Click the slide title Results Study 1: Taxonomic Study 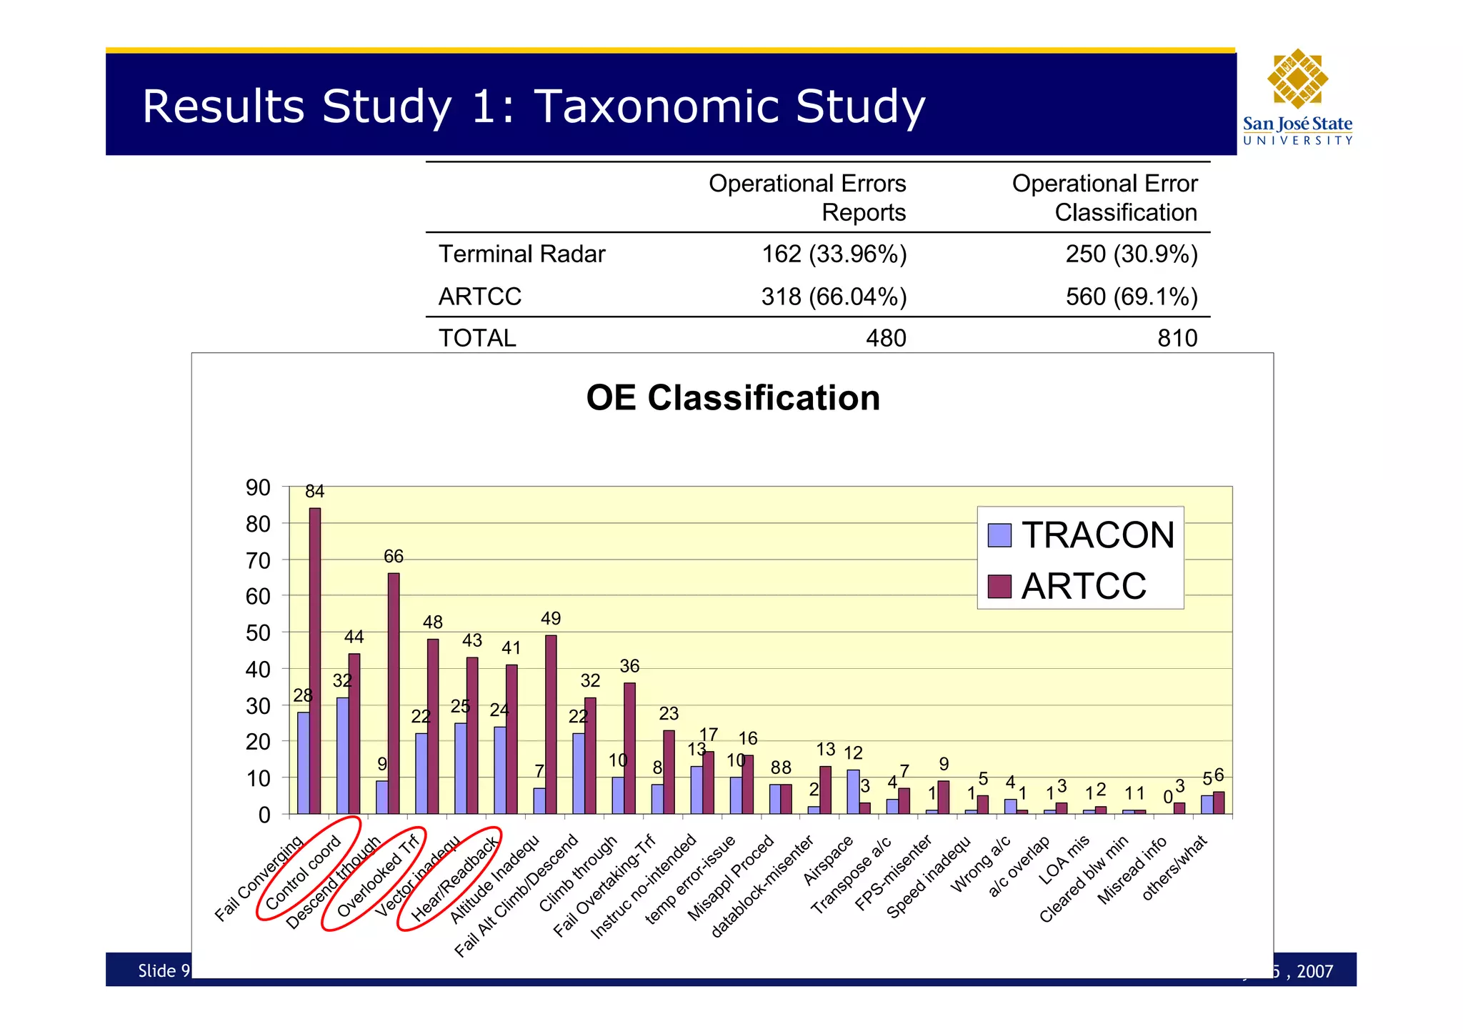(x=534, y=107)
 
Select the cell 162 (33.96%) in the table (x=834, y=254)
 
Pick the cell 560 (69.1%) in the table (x=1131, y=297)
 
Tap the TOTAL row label (x=477, y=338)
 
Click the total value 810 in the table (x=1177, y=338)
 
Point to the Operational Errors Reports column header (x=807, y=198)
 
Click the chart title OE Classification (x=733, y=398)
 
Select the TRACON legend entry (x=1081, y=535)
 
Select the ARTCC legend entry (x=1068, y=586)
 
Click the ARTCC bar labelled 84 (x=315, y=660)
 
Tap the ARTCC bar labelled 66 (x=394, y=693)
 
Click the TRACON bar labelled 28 (x=304, y=762)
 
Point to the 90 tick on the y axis (x=258, y=488)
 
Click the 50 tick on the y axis (x=258, y=633)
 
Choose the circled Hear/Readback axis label (x=456, y=878)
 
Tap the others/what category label (x=1175, y=867)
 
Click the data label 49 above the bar (x=551, y=619)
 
